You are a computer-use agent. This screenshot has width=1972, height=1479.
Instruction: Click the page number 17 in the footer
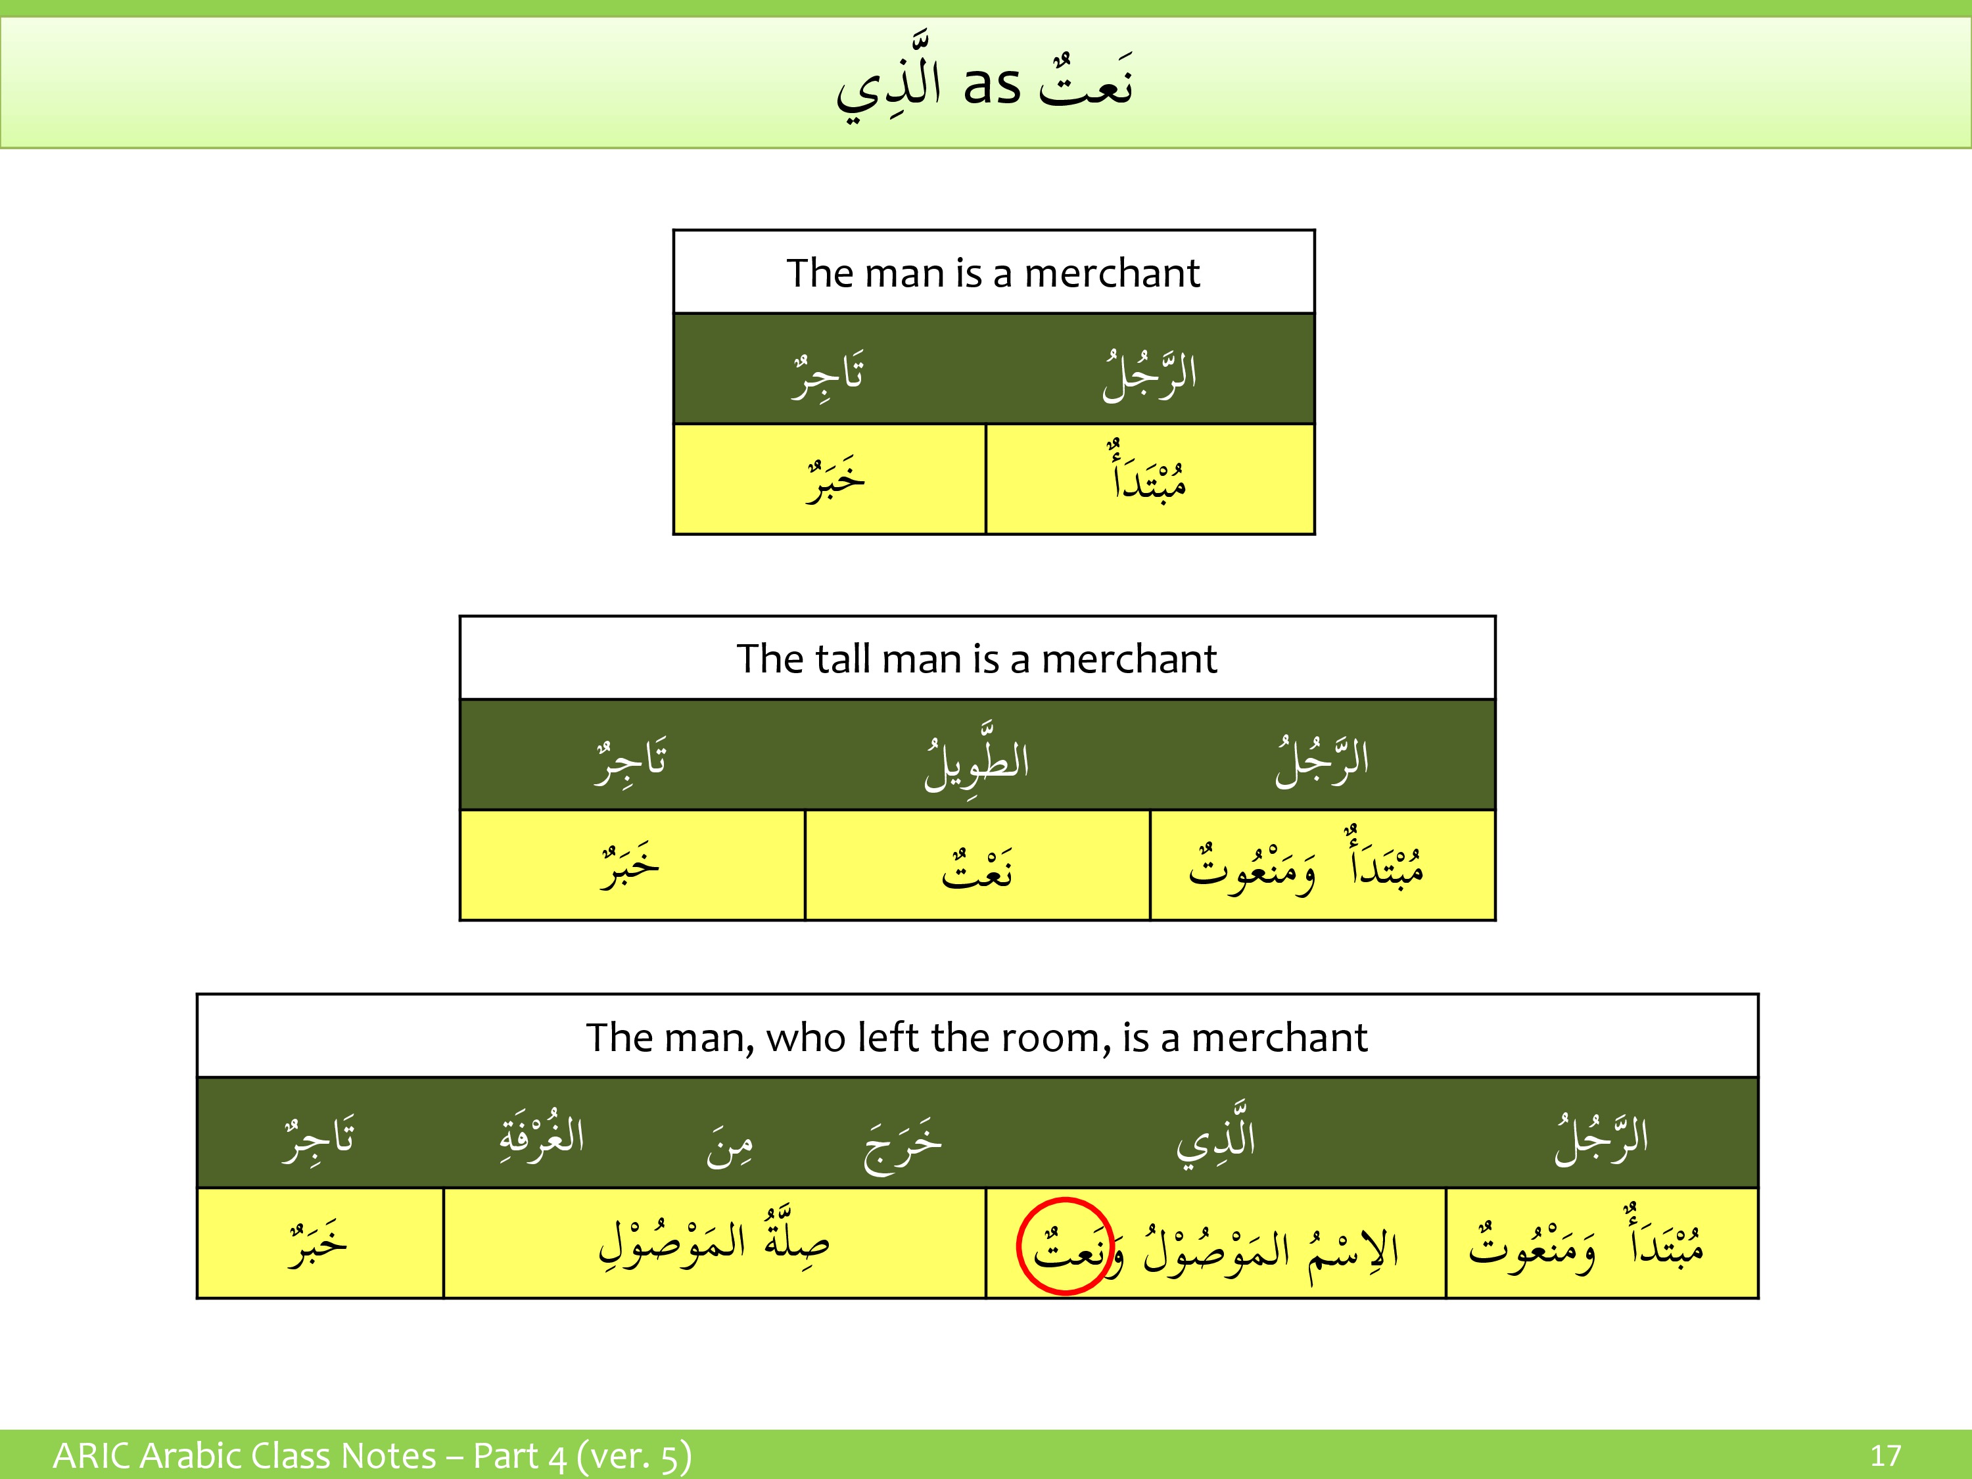tap(1885, 1456)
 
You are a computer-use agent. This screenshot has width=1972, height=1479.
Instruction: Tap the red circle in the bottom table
tap(1066, 1246)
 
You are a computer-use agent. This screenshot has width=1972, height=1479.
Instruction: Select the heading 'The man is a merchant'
tap(993, 273)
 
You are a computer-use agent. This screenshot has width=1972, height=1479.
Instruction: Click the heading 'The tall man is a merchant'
tap(976, 659)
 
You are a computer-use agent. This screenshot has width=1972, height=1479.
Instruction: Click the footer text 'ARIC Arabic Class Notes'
tap(245, 1456)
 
